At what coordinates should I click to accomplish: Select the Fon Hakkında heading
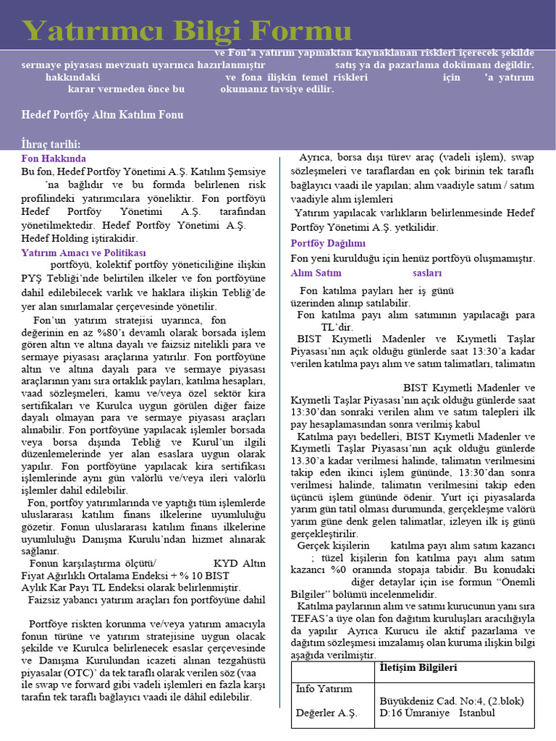pos(54,158)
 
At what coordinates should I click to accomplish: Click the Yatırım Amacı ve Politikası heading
pos(83,253)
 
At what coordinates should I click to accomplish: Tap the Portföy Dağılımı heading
pos(328,243)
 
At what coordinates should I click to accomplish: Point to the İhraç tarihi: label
pos(51,144)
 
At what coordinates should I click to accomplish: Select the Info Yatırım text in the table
pos(324,688)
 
